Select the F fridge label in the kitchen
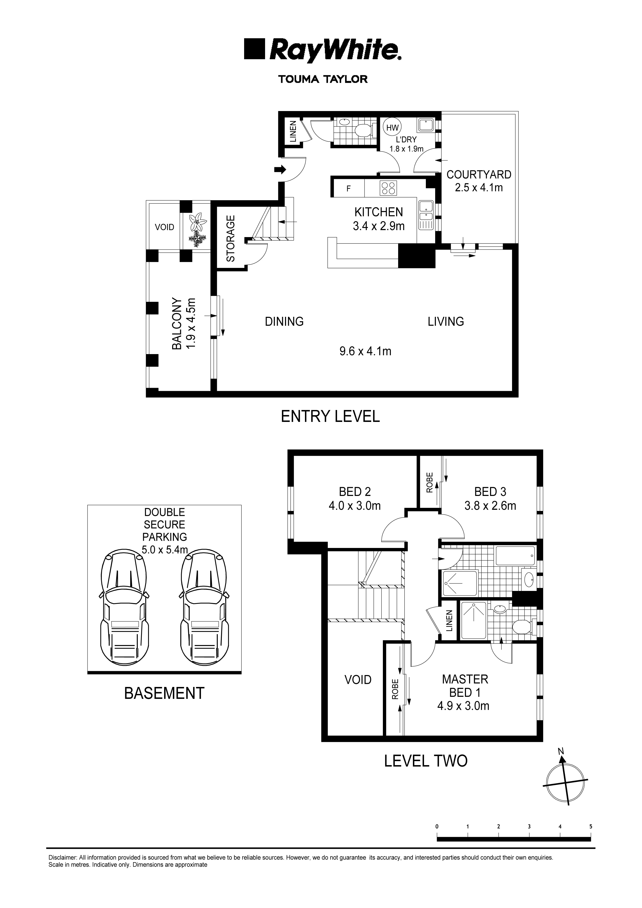(348, 189)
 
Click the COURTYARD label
(479, 174)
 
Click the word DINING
(284, 321)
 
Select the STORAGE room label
(231, 238)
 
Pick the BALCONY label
(177, 324)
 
